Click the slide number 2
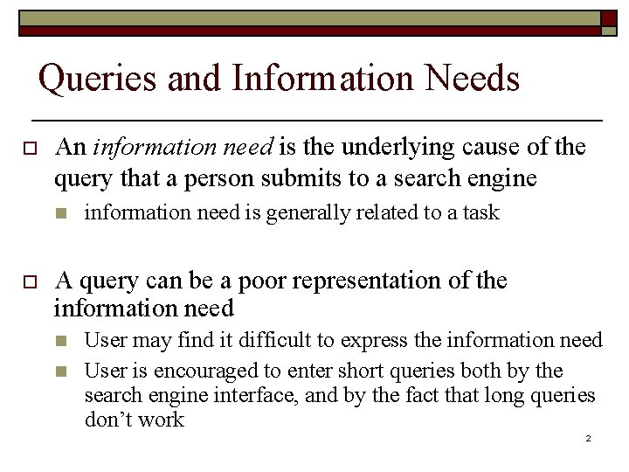coord(589,437)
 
